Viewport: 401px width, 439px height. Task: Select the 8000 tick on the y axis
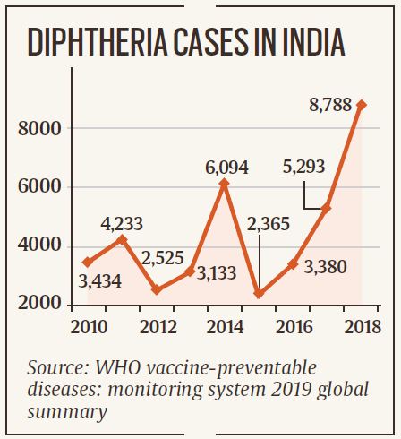click(x=39, y=129)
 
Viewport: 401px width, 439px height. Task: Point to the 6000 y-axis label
click(x=39, y=187)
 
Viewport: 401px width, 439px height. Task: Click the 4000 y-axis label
click(x=39, y=245)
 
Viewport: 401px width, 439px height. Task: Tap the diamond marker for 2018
click(x=362, y=105)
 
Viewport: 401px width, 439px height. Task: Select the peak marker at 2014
click(x=224, y=184)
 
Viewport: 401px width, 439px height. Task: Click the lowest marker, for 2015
click(x=259, y=293)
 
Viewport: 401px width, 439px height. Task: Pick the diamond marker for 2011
click(x=122, y=239)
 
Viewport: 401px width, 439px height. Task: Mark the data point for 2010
click(x=87, y=262)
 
